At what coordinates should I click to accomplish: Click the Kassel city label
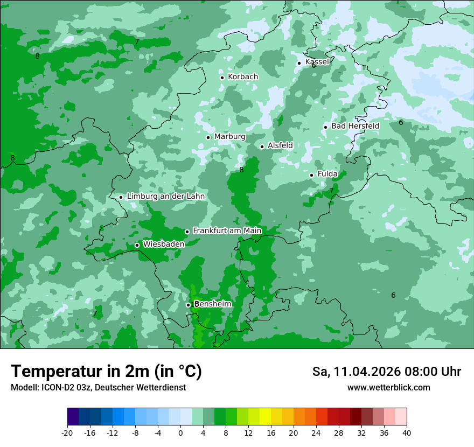[x=317, y=62]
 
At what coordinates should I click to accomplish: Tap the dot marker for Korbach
[x=222, y=78]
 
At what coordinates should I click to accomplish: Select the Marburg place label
[x=229, y=137]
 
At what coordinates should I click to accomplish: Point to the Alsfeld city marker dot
[x=262, y=146]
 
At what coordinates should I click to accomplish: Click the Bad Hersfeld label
[x=355, y=126]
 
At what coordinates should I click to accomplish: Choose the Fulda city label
[x=327, y=174]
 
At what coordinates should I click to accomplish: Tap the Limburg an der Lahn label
[x=165, y=197]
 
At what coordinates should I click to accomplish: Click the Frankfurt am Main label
[x=227, y=231]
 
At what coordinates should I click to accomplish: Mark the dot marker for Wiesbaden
[x=137, y=246]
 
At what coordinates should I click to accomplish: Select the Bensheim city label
[x=213, y=304]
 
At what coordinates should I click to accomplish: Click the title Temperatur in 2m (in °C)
[x=106, y=372]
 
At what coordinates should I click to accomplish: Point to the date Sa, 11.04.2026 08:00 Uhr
[x=386, y=372]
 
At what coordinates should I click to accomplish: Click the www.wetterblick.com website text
[x=388, y=388]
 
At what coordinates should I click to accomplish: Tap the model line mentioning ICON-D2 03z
[x=98, y=388]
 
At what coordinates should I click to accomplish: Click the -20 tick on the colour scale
[x=67, y=432]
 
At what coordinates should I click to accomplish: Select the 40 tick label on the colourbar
[x=407, y=432]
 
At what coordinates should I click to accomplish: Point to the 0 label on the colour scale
[x=180, y=432]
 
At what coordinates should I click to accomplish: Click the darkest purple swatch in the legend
[x=73, y=417]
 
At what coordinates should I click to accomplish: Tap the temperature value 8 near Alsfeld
[x=241, y=170]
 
